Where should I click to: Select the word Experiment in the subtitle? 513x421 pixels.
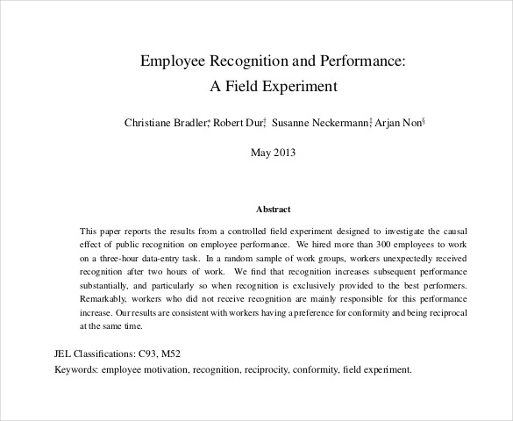tap(301, 87)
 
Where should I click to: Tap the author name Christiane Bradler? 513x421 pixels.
tap(165, 123)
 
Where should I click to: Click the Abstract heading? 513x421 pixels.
tap(272, 210)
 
